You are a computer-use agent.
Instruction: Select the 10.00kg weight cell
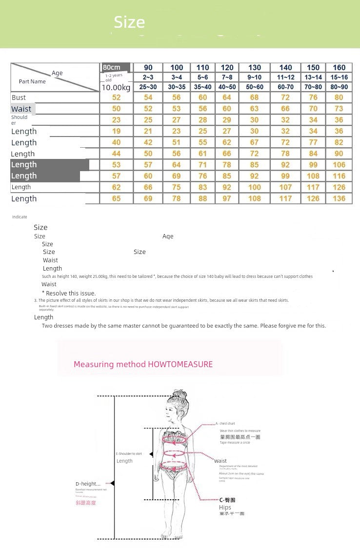(x=116, y=87)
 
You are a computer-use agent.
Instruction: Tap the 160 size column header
(x=339, y=68)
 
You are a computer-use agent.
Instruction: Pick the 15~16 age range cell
(x=339, y=77)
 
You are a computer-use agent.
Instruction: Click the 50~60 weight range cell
(x=255, y=87)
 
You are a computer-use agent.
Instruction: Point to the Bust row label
(x=19, y=98)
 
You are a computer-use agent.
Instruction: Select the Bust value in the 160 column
(x=339, y=98)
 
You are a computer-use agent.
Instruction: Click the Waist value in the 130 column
(x=255, y=109)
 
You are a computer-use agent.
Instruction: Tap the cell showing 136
(x=339, y=198)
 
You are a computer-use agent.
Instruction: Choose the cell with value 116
(x=339, y=176)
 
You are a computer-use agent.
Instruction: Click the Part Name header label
(x=32, y=81)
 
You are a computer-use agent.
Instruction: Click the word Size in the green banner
(x=129, y=22)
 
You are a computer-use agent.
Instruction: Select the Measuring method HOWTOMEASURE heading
(x=143, y=364)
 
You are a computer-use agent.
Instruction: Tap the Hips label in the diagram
(x=225, y=508)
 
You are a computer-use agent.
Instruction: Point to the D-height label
(x=88, y=484)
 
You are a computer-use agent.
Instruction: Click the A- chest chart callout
(x=227, y=424)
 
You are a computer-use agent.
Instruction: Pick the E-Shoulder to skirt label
(x=129, y=454)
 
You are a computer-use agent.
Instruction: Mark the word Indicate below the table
(x=20, y=217)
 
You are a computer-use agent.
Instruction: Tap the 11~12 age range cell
(x=286, y=77)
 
